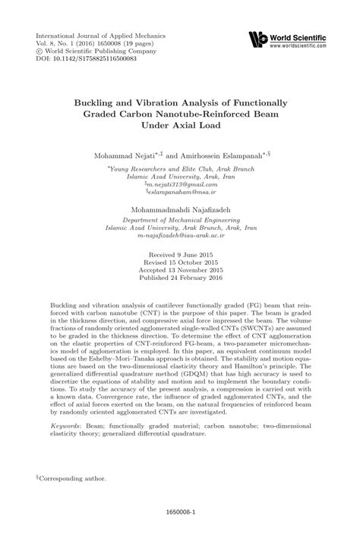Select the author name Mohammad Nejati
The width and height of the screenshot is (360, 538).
[125, 154]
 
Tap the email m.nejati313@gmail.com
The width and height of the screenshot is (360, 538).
[181, 184]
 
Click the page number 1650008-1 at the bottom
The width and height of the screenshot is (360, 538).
[180, 514]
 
